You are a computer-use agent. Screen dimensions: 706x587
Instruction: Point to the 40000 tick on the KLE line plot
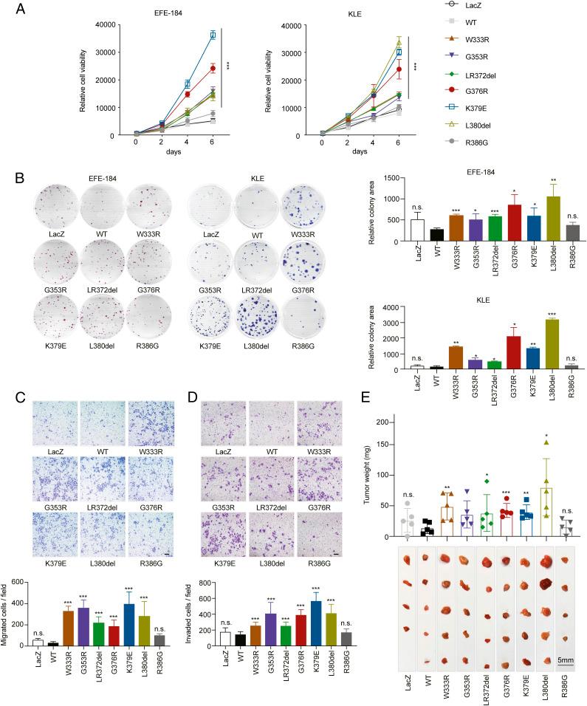291,25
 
